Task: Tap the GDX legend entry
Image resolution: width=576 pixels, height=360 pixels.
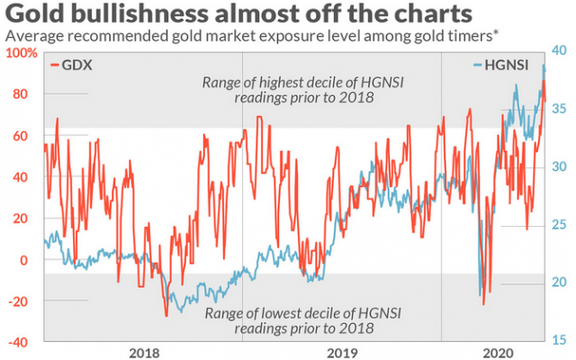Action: [76, 65]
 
